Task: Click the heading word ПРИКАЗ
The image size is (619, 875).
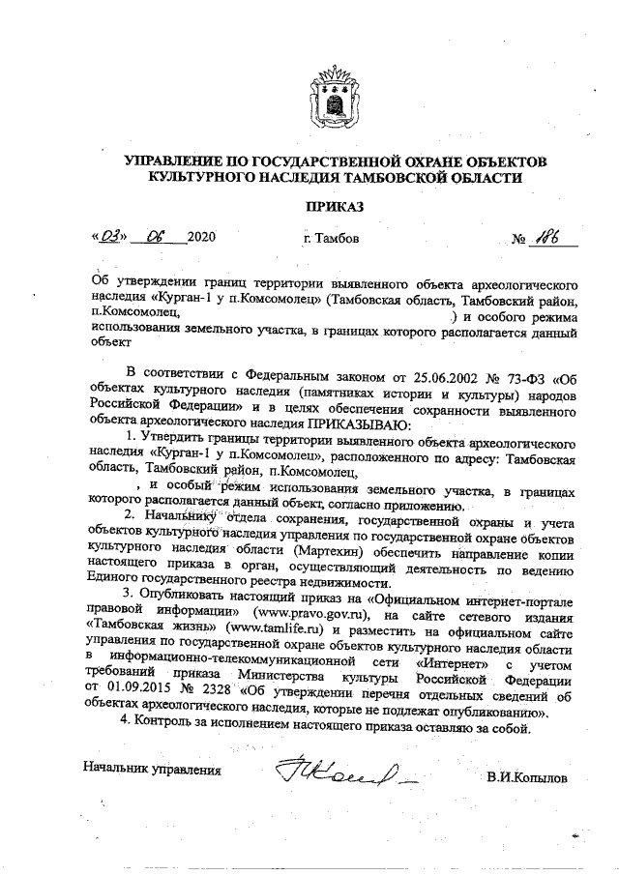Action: (x=336, y=205)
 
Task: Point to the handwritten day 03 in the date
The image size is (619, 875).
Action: (x=108, y=235)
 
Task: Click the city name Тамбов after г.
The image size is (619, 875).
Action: (x=339, y=237)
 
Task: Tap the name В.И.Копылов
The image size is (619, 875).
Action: (x=527, y=776)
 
